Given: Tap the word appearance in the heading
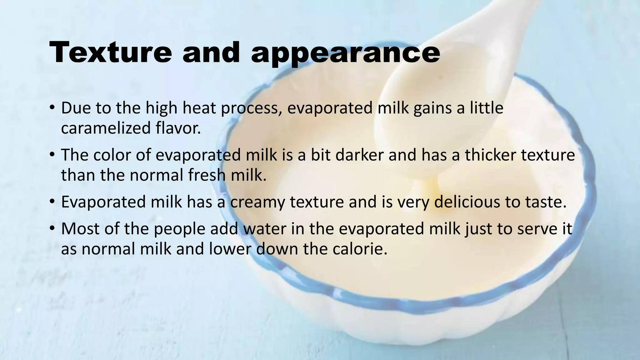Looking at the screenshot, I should point(345,53).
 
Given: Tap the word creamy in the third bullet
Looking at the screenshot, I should point(257,202).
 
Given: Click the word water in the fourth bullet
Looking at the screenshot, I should point(264,229).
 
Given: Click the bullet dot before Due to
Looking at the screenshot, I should point(52,108).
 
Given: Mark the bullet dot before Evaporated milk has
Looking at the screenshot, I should point(52,202).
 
